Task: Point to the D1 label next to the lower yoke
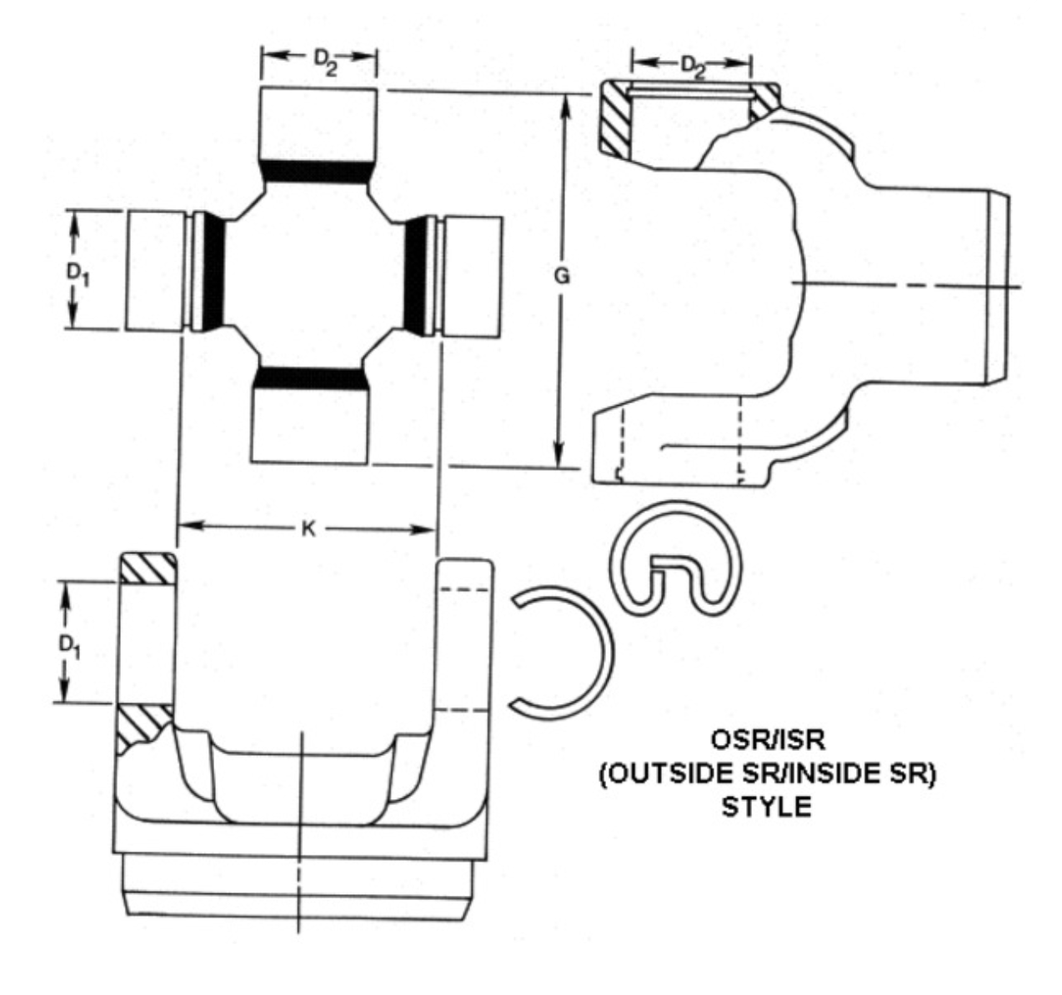click(x=70, y=643)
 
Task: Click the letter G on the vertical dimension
click(x=563, y=277)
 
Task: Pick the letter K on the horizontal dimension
click(x=308, y=529)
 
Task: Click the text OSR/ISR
click(x=766, y=740)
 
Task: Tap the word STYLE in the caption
click(x=766, y=807)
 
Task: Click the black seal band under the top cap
click(x=315, y=172)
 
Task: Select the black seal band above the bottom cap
click(x=310, y=379)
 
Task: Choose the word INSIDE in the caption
click(x=837, y=773)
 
